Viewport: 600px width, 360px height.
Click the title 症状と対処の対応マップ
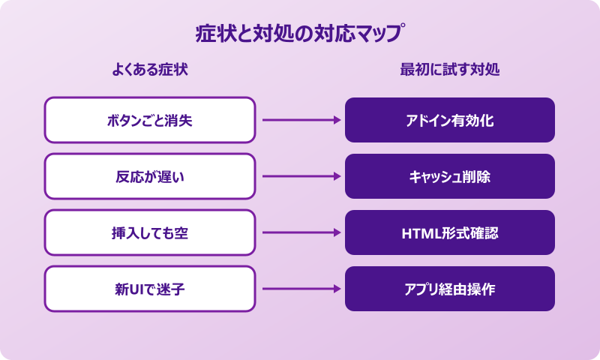300,34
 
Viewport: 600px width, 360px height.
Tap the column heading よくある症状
150,70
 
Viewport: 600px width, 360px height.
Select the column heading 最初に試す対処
450,70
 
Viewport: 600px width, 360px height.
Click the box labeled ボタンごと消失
150,120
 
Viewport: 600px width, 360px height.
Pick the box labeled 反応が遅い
150,176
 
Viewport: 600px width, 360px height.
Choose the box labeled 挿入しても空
150,232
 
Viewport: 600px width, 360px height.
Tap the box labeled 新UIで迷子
150,289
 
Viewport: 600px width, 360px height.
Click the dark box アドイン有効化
450,120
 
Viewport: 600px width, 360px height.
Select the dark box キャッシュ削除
450,176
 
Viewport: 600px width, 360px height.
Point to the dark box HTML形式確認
450,232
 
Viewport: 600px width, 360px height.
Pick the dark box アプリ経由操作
450,289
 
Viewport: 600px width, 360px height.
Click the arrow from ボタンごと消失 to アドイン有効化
300,120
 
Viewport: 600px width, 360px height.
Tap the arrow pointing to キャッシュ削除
300,176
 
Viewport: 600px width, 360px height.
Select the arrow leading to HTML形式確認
300,232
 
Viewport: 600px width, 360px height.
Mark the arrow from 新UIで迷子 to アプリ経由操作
300,289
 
